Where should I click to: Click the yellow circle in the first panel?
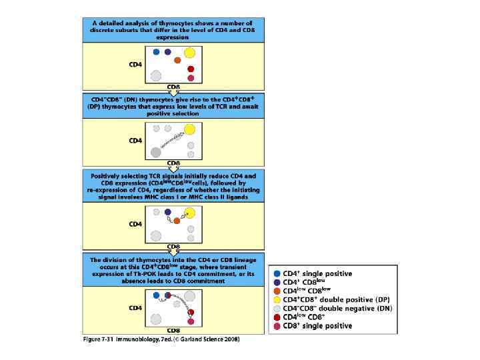click(x=189, y=53)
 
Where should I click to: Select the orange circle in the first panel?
click(x=177, y=61)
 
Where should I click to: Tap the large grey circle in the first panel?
click(x=156, y=75)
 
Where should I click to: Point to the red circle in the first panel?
click(x=191, y=69)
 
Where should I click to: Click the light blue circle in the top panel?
click(x=156, y=52)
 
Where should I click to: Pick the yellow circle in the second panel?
click(x=189, y=129)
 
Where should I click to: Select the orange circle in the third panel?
click(x=177, y=220)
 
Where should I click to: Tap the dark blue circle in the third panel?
click(x=167, y=211)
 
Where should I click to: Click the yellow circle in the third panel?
click(x=189, y=213)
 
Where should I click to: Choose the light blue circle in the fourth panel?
click(x=156, y=295)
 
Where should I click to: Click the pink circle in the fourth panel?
click(x=191, y=321)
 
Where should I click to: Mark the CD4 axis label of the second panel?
click(x=135, y=141)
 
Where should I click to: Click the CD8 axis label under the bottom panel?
click(x=173, y=331)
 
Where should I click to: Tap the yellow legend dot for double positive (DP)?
click(x=277, y=299)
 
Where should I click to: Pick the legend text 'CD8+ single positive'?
click(x=317, y=325)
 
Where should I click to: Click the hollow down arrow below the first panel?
click(x=173, y=91)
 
